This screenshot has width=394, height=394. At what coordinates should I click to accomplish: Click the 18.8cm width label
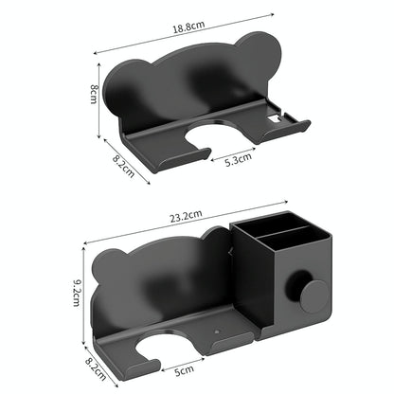pyautogui.click(x=186, y=29)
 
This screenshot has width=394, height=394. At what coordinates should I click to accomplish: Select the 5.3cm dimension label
pyautogui.click(x=238, y=160)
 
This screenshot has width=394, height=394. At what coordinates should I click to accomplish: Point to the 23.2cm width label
pyautogui.click(x=186, y=217)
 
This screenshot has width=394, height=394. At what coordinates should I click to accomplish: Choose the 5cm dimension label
pyautogui.click(x=184, y=369)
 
